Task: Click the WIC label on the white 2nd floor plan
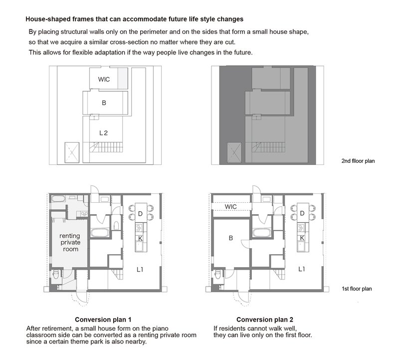(x=104, y=79)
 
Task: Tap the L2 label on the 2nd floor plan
(x=104, y=133)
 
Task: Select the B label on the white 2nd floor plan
(x=104, y=103)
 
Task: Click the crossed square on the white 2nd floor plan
(x=72, y=152)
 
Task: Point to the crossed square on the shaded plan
(x=234, y=152)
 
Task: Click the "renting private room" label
(x=70, y=242)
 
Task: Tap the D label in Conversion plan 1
(x=140, y=214)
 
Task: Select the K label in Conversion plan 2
(x=302, y=238)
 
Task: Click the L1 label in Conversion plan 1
(x=140, y=269)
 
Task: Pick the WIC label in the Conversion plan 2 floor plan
(x=230, y=207)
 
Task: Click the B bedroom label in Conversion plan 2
(x=231, y=238)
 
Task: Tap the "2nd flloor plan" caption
(x=358, y=161)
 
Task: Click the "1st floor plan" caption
(x=357, y=289)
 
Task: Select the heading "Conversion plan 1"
(x=103, y=320)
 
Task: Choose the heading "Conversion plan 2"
(x=265, y=320)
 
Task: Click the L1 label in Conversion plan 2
(x=302, y=269)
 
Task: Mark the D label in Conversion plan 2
(x=302, y=213)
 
